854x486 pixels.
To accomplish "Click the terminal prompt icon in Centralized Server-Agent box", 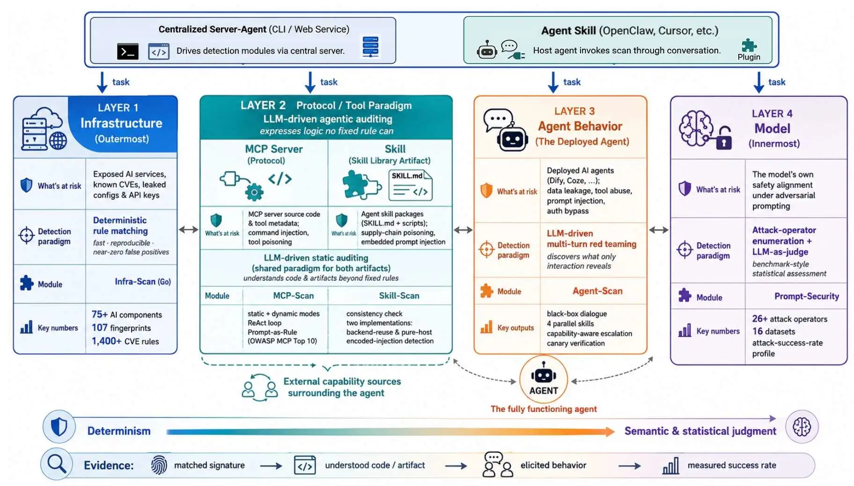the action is coord(127,51).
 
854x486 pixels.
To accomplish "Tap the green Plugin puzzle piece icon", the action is coord(749,45).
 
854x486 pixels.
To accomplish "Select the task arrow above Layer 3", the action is coord(553,82).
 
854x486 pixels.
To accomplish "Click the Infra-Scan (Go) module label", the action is coord(143,281).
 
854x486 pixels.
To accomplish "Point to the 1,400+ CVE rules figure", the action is coord(125,341).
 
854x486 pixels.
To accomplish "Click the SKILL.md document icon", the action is coord(411,185).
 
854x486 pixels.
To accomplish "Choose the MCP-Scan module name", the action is coord(294,295).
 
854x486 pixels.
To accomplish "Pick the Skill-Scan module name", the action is coord(399,295).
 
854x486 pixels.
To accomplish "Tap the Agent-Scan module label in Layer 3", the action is coord(597,291).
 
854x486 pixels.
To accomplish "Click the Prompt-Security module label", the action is coord(806,296).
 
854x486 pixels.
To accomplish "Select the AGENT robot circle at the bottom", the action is coord(544,379).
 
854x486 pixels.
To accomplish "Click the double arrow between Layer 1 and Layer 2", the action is coord(189,230).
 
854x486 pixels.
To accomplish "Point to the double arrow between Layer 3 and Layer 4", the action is coord(659,230).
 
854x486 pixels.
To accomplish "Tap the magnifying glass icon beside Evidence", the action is coord(57,464).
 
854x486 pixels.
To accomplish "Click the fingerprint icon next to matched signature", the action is coord(159,465).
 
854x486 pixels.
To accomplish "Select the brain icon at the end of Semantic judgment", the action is coord(802,427).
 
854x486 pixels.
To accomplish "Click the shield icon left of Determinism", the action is coord(59,427).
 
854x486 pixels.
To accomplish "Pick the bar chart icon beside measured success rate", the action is coord(670,465).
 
